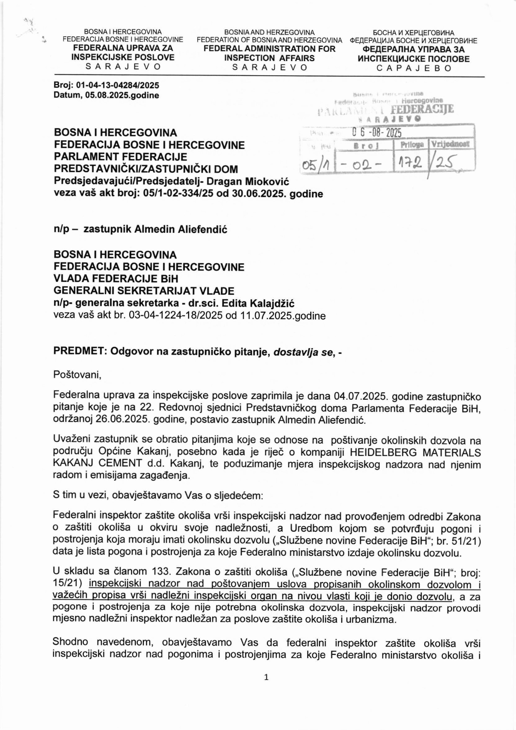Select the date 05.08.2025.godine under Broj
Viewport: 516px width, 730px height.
point(122,95)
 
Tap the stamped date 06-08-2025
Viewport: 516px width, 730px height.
point(376,132)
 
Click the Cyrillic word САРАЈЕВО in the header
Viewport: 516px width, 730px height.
point(414,68)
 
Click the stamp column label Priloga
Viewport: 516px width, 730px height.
point(412,145)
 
